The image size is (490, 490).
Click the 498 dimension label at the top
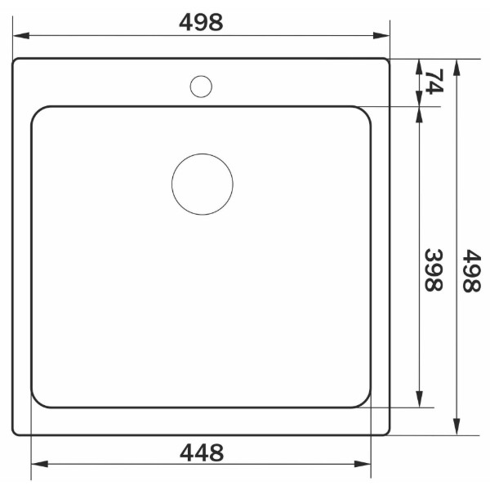point(201,22)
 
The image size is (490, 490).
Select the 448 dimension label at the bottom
point(202,452)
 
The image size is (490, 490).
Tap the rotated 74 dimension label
point(434,81)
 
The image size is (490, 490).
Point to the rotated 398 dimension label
point(434,270)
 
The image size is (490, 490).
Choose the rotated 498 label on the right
point(471,270)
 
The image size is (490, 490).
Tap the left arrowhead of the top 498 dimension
point(21,36)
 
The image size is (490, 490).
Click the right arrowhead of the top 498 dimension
point(381,36)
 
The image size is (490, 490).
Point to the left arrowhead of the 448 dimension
point(40,464)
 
